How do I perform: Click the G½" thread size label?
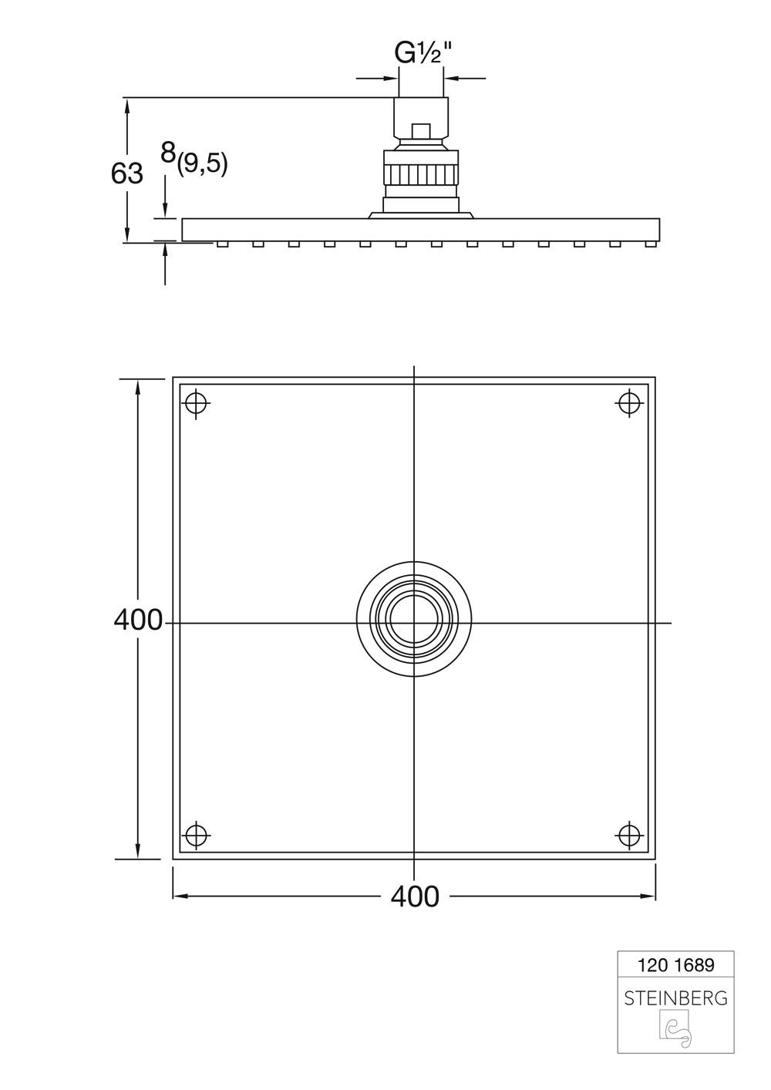click(x=422, y=53)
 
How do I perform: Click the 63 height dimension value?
click(x=127, y=173)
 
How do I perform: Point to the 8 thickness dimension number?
click(x=168, y=153)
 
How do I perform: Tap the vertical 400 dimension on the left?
click(x=138, y=619)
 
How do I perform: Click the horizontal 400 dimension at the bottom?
click(x=415, y=896)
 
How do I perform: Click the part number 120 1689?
click(x=675, y=964)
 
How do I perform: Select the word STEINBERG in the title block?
click(x=675, y=998)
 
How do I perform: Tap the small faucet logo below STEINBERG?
click(x=675, y=1032)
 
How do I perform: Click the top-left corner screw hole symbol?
click(x=197, y=402)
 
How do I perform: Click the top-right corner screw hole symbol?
click(x=630, y=402)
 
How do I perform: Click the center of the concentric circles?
click(x=414, y=622)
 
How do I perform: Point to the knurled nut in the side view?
click(x=421, y=174)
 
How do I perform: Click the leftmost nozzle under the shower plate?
click(x=222, y=244)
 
